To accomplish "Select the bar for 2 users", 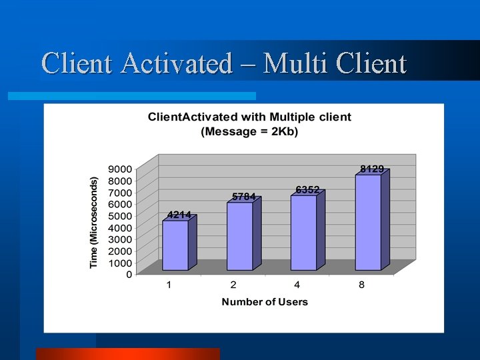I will point(240,236).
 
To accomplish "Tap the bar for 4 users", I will point(304,233).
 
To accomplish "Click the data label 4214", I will point(179,215).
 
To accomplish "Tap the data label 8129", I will point(372,169).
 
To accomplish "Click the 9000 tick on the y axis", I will point(120,169).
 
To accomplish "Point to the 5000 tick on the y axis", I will point(120,215).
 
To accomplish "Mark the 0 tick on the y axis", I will point(128,274).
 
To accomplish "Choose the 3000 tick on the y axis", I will point(120,239).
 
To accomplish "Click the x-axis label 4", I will point(297,285).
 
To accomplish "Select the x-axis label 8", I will point(361,285).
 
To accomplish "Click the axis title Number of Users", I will point(265,302).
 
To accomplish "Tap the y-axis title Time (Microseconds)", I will point(94,223).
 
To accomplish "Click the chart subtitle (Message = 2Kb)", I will point(249,131).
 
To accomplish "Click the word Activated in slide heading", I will point(177,64).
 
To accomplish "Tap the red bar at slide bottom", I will point(127,353).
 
